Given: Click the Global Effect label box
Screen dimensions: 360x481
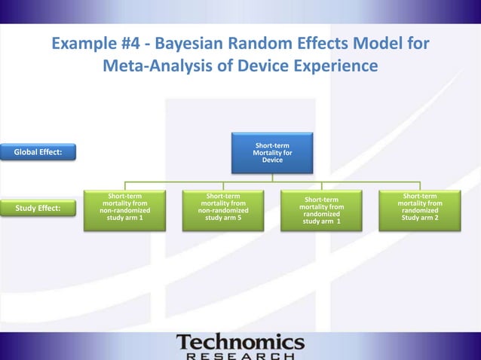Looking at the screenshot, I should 38,153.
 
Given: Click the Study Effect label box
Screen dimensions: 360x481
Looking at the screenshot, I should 38,208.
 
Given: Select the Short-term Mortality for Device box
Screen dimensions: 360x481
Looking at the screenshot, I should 272,153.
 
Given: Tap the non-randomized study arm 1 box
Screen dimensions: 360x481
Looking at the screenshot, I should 125,207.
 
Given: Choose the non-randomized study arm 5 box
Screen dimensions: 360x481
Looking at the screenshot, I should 223,207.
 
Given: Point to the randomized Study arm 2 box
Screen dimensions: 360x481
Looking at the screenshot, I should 420,207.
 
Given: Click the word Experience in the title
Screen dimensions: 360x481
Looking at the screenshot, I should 334,67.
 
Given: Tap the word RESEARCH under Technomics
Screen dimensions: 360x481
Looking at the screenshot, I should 240,355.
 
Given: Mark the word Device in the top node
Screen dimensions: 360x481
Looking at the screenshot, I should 272,160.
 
